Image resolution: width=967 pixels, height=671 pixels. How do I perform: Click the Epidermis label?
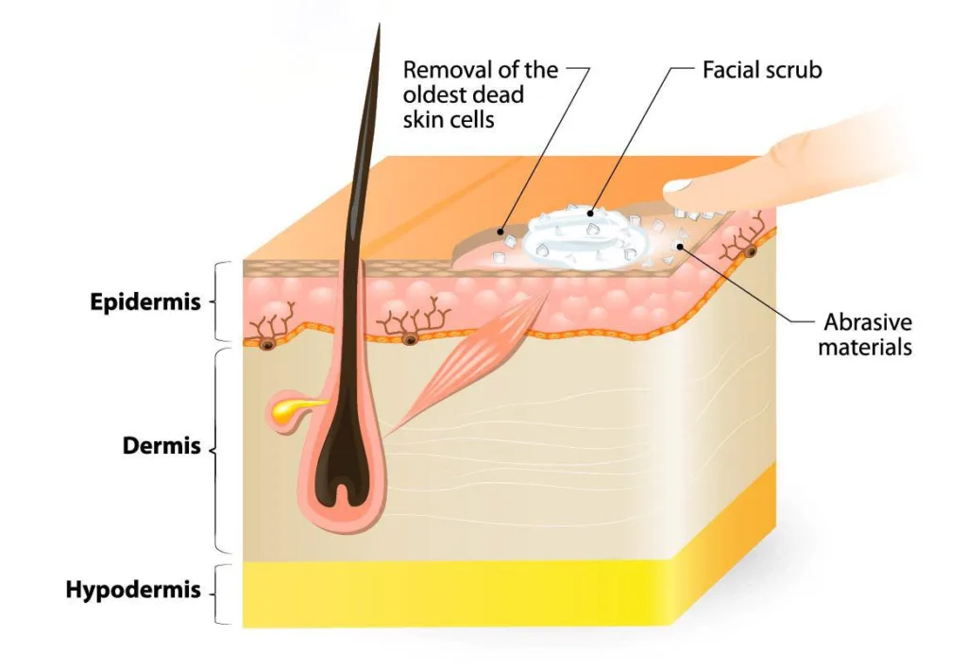[x=145, y=301]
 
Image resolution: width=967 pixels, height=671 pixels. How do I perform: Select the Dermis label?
[x=161, y=445]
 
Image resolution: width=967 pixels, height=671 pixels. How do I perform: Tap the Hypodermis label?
[x=133, y=590]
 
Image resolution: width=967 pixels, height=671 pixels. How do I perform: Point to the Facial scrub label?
[x=762, y=70]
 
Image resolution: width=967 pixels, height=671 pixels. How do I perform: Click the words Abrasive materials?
[x=865, y=335]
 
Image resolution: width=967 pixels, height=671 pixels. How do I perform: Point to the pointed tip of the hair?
[x=380, y=25]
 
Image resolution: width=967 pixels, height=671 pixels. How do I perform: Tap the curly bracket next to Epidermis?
[x=220, y=301]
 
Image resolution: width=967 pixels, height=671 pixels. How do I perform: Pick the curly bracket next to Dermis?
[x=218, y=451]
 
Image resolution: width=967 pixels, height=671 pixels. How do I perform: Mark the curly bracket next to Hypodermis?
[x=220, y=594]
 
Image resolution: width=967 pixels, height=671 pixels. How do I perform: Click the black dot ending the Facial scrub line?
[x=590, y=214]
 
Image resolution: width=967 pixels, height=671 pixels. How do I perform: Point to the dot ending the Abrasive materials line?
[x=680, y=247]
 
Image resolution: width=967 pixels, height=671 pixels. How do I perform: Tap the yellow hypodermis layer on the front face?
[x=456, y=594]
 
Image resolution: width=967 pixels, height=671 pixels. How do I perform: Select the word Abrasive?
[x=868, y=322]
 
